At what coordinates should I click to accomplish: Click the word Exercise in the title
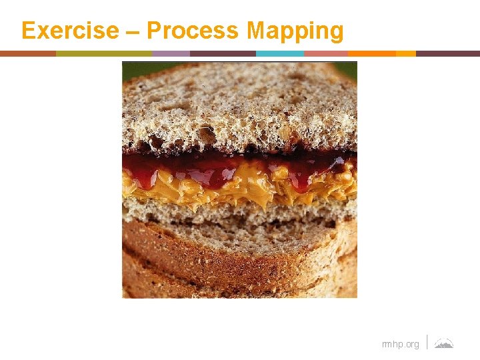click(69, 31)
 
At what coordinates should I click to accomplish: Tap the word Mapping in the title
click(295, 31)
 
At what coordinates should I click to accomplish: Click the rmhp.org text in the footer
click(400, 344)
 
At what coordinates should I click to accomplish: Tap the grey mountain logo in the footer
click(443, 343)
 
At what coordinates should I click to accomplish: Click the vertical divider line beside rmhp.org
click(427, 342)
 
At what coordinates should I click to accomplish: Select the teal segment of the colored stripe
click(279, 53)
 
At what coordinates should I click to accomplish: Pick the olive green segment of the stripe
click(103, 53)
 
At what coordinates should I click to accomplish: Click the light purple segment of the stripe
click(171, 53)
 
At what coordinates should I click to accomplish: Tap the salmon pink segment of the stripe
click(325, 53)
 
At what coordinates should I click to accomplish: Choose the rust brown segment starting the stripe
click(28, 53)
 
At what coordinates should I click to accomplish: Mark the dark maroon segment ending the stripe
click(447, 53)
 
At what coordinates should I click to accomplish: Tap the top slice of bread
click(240, 107)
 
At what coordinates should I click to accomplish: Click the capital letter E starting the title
click(28, 31)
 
